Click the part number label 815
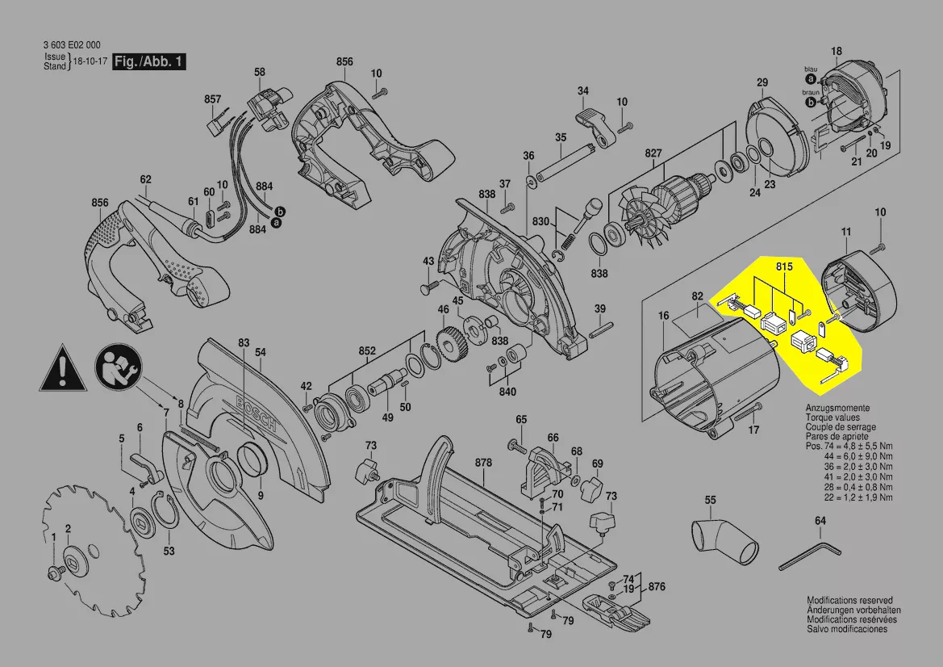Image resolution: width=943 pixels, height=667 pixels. point(784,266)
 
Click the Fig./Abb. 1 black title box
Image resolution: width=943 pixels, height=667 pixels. point(149,61)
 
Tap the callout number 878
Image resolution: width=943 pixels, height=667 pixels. point(483,463)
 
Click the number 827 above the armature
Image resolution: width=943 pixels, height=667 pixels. point(653,153)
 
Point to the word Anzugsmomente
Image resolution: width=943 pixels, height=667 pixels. point(837,409)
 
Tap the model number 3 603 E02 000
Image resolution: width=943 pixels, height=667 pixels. point(73,45)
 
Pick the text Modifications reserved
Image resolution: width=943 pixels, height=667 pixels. point(849,601)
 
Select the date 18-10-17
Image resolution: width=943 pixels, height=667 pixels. point(90,61)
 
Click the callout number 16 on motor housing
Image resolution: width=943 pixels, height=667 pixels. point(663,316)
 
